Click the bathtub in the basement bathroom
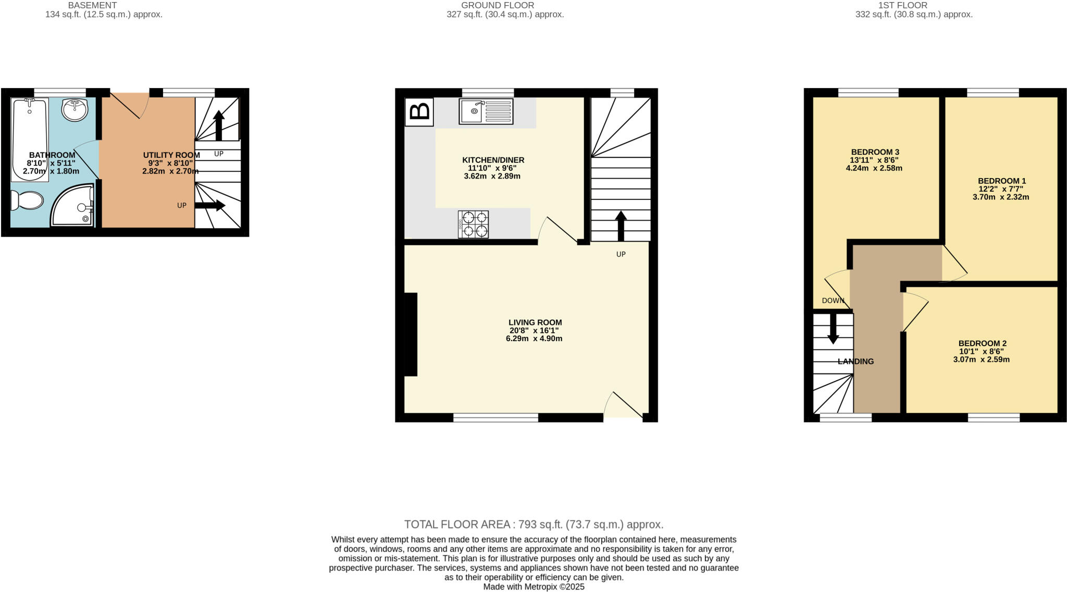[x=30, y=140]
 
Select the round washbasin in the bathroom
[x=75, y=109]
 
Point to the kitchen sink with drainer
[x=485, y=111]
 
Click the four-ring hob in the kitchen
[x=473, y=224]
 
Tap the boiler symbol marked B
[x=419, y=111]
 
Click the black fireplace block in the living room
[x=411, y=334]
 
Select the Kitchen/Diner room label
[x=493, y=160]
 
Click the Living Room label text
[x=535, y=322]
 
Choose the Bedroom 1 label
[x=1001, y=181]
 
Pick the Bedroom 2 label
[x=982, y=343]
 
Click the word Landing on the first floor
[x=855, y=361]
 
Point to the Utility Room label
[x=171, y=155]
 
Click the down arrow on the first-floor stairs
[x=833, y=329]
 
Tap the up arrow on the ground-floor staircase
[x=621, y=225]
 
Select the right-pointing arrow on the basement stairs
[x=210, y=206]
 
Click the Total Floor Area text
[x=533, y=524]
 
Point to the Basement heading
[x=92, y=5]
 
